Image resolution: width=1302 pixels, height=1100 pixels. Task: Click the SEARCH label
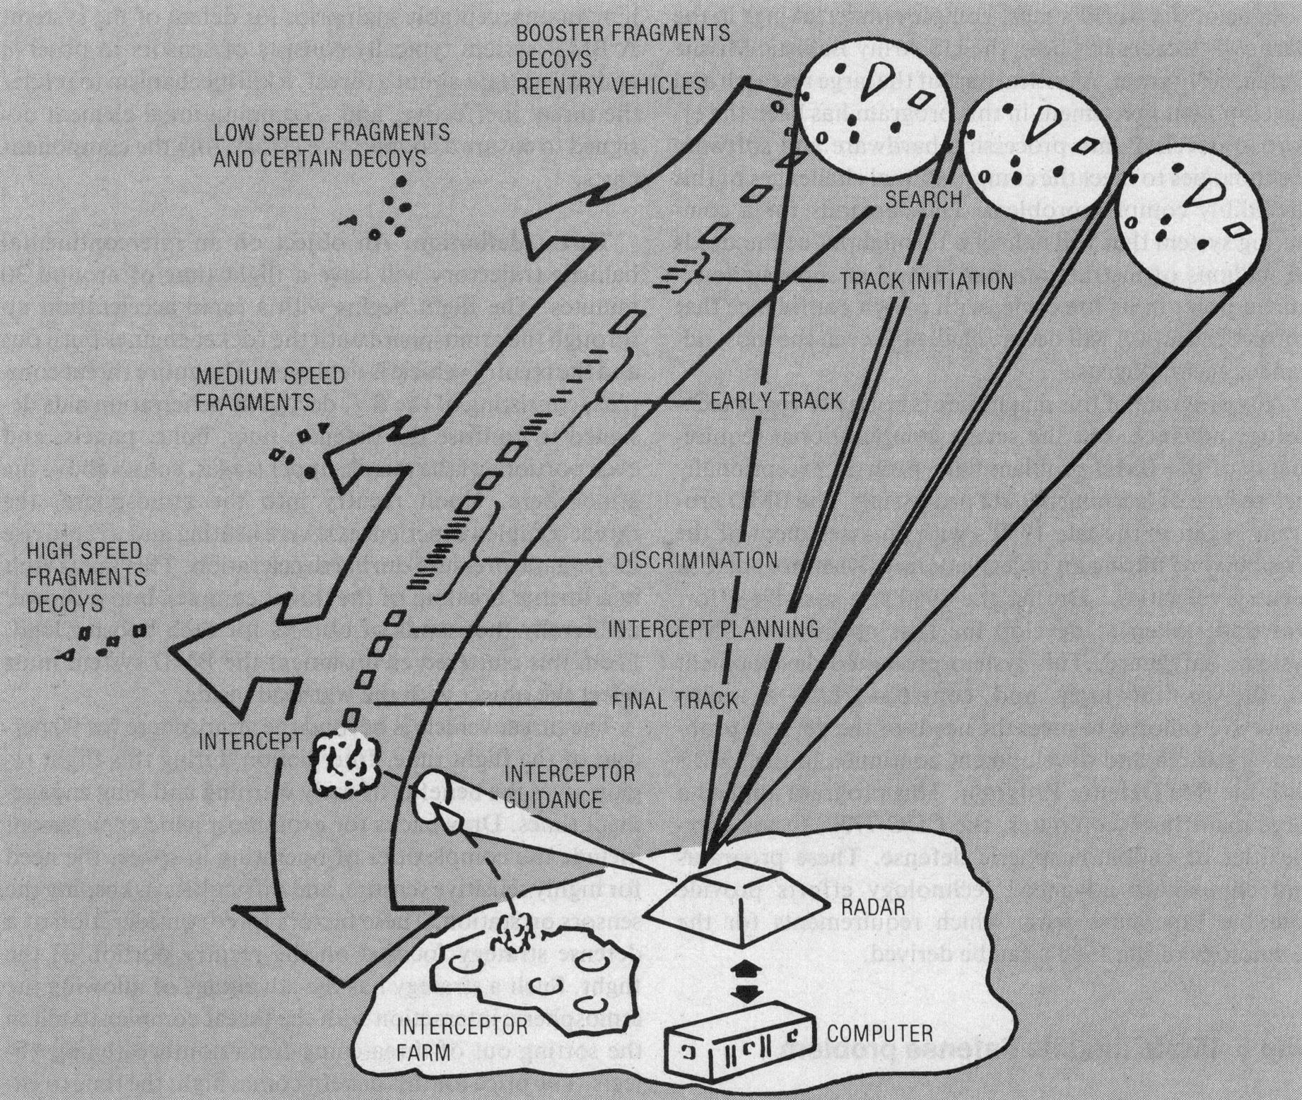click(924, 199)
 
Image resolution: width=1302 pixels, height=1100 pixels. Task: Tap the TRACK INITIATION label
click(926, 281)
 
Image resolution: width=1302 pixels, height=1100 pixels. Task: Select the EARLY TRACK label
click(776, 401)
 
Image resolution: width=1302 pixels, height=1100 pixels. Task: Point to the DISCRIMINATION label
click(696, 561)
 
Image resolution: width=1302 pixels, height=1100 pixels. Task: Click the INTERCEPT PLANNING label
click(712, 628)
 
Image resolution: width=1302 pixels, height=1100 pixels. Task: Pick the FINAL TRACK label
click(674, 700)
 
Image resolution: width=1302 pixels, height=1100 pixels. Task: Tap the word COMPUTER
click(880, 1034)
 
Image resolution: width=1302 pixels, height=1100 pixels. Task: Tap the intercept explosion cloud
click(344, 762)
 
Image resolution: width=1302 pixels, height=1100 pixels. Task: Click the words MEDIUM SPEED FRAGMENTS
click(269, 389)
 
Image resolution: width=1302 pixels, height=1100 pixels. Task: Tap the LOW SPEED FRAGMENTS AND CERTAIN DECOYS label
click(331, 145)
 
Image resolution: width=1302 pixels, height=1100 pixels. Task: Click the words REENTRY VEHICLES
click(611, 85)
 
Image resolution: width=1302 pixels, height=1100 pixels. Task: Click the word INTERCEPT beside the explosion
click(250, 741)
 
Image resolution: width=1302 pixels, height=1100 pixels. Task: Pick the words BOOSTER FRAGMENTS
click(623, 32)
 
